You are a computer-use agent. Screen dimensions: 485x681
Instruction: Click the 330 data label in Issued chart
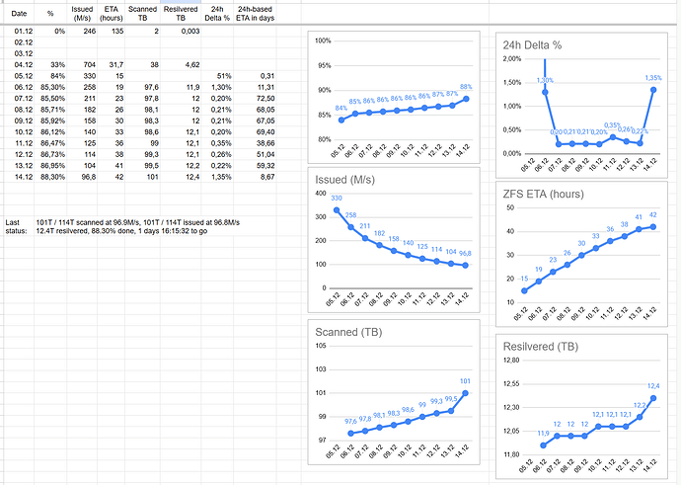click(337, 199)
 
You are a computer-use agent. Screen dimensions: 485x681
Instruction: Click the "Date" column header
click(19, 13)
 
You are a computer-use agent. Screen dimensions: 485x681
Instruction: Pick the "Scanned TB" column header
click(142, 13)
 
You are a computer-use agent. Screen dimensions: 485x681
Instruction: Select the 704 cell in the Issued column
click(86, 63)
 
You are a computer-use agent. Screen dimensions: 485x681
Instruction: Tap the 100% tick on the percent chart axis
click(324, 40)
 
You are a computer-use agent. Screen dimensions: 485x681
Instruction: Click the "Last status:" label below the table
click(14, 226)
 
